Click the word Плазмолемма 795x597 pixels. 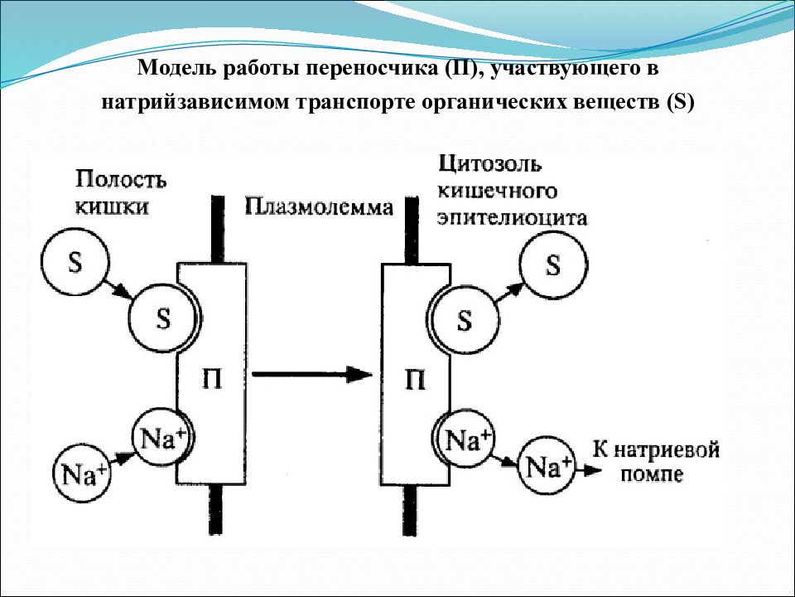[x=319, y=206]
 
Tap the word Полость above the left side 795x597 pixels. [x=121, y=179]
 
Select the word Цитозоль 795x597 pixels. [x=489, y=163]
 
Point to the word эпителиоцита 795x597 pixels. [x=512, y=218]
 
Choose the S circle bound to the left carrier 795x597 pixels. [x=162, y=318]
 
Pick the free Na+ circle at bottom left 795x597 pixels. [x=83, y=474]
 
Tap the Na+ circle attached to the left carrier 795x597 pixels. [x=162, y=437]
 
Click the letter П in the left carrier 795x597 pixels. [x=212, y=379]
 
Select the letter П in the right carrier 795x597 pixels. [x=415, y=380]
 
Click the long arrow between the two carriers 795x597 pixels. [x=312, y=375]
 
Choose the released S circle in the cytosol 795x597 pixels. [x=552, y=265]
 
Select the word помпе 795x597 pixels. [x=652, y=474]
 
